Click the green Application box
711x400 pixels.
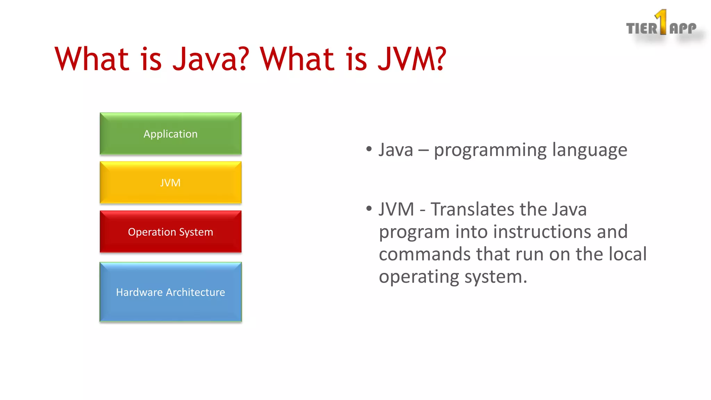click(170, 134)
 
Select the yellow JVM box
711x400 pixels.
click(170, 183)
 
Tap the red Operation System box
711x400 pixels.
click(170, 232)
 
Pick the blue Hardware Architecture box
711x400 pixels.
click(170, 292)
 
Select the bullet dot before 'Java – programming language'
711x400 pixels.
click(369, 149)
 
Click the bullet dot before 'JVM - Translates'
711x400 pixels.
click(369, 209)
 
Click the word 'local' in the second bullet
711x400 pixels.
click(628, 254)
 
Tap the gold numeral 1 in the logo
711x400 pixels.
click(662, 22)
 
